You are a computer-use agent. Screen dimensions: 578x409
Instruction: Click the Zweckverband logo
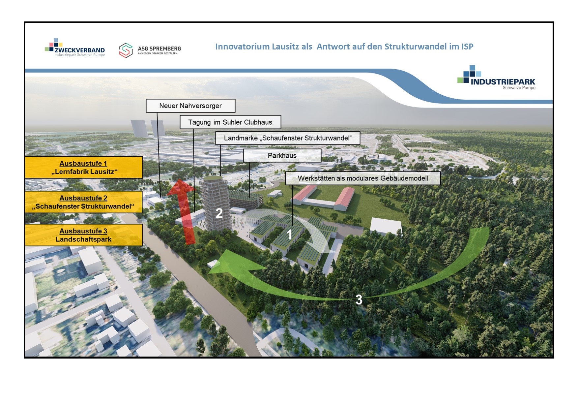pos(75,47)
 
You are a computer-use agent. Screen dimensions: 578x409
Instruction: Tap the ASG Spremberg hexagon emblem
pos(126,50)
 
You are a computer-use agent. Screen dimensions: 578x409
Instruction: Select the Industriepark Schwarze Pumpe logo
pos(496,78)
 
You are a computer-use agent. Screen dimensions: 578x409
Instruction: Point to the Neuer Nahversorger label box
pos(190,106)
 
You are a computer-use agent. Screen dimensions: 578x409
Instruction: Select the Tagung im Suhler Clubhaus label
pos(230,122)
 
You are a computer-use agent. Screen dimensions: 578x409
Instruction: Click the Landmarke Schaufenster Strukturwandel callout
pos(288,138)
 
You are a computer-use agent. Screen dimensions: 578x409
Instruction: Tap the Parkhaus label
pos(282,156)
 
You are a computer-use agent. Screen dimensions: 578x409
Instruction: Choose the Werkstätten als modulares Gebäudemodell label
pos(363,178)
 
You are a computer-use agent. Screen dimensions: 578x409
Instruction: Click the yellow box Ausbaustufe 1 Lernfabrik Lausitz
pos(84,168)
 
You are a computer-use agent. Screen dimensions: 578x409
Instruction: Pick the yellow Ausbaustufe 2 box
pos(84,202)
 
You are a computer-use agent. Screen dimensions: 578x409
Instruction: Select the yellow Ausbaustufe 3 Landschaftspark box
pos(84,235)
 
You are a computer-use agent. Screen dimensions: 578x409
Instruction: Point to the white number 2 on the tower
pos(219,213)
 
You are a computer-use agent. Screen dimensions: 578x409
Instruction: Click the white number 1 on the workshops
pos(289,235)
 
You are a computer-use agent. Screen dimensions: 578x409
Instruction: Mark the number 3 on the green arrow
pos(359,299)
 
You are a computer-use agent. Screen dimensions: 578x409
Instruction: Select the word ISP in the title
pos(467,47)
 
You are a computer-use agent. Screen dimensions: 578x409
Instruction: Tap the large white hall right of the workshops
pos(386,226)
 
